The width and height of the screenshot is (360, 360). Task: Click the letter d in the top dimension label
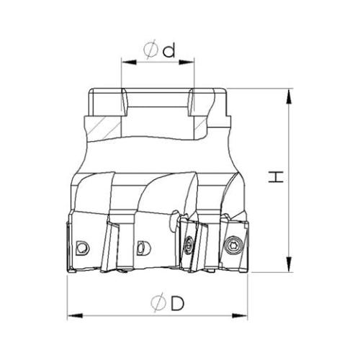pos(168,51)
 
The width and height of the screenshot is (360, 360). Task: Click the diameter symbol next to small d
pos(150,49)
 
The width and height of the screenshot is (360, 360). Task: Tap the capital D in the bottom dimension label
pos(178,303)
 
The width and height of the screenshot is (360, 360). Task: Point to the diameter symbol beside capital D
pos(158,303)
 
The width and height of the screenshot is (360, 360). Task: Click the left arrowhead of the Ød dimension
pos(129,63)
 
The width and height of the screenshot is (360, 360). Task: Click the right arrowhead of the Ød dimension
pos(186,63)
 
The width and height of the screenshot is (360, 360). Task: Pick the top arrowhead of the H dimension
pos(289,96)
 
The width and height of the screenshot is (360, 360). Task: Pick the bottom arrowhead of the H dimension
pos(289,265)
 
